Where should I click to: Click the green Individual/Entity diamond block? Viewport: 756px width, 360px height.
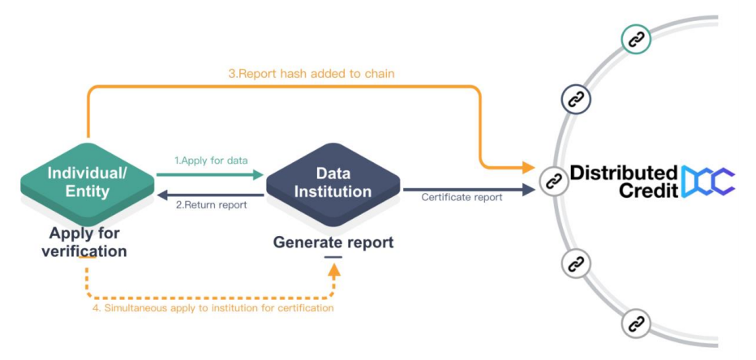coord(87,182)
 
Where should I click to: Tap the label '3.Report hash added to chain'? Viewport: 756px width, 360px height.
coord(311,74)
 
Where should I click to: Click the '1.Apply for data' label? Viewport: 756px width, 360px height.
coord(213,161)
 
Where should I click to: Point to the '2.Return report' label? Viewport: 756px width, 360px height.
coord(212,205)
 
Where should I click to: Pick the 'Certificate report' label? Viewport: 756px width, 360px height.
coord(462,197)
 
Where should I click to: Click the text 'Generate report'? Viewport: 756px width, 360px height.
coord(333,242)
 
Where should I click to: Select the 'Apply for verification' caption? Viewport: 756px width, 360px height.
coord(85,242)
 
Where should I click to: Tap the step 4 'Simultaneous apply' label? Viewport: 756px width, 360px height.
coord(212,308)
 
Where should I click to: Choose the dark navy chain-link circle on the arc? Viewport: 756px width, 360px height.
coord(576,100)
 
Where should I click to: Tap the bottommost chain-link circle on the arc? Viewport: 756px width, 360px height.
coord(636,324)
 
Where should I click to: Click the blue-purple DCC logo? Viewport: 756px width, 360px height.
coord(707,182)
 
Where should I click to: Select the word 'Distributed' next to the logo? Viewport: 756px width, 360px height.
coord(624,172)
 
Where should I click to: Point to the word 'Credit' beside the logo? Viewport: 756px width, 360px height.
coord(646,191)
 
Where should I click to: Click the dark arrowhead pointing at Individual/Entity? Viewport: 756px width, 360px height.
coord(161,195)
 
